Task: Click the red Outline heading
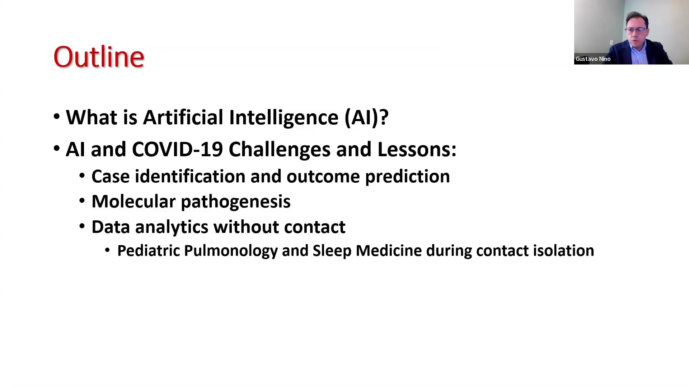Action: click(x=99, y=57)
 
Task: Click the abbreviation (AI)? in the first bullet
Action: click(x=366, y=118)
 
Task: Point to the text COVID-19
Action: click(x=178, y=149)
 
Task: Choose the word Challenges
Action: click(x=280, y=149)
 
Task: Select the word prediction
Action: click(x=407, y=177)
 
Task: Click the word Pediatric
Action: click(x=149, y=250)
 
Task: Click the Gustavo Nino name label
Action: click(x=593, y=59)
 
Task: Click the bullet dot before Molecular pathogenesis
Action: click(x=82, y=201)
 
